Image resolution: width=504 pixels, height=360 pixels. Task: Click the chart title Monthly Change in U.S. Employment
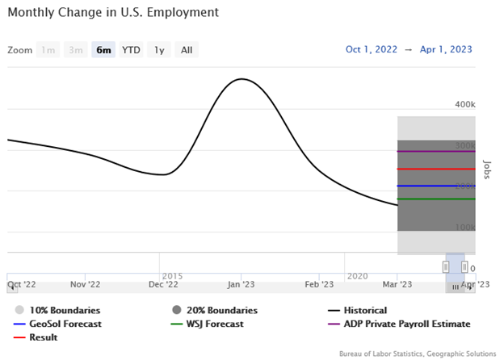pyautogui.click(x=113, y=14)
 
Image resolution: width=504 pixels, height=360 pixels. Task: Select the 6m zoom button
pyautogui.click(x=103, y=50)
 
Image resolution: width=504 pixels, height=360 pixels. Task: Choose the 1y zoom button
pyautogui.click(x=159, y=50)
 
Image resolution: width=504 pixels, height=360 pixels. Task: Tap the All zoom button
pyautogui.click(x=187, y=50)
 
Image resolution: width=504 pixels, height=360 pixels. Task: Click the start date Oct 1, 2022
pyautogui.click(x=372, y=49)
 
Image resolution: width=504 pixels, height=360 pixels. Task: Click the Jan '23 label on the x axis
pyautogui.click(x=242, y=284)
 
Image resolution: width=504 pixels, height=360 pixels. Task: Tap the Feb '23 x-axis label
pyautogui.click(x=318, y=284)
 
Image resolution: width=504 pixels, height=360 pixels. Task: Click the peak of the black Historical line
pyautogui.click(x=241, y=79)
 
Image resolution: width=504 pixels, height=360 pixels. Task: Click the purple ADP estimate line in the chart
pyautogui.click(x=436, y=151)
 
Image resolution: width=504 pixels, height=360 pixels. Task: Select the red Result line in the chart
pyautogui.click(x=436, y=169)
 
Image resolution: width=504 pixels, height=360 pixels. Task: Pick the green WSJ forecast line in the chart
pyautogui.click(x=436, y=199)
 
